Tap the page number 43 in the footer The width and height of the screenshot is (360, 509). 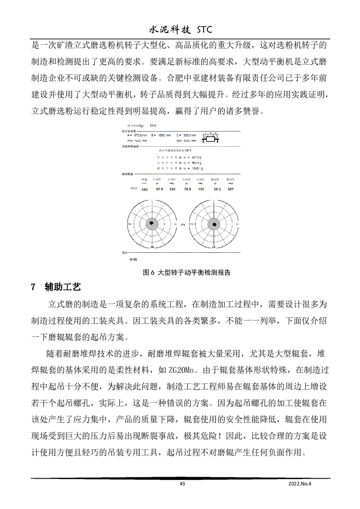point(182,484)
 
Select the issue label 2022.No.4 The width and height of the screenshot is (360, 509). point(301,484)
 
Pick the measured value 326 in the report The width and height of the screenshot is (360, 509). point(172,189)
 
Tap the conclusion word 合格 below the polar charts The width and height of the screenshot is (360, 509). point(133,259)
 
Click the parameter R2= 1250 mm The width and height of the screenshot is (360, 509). point(187,141)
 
